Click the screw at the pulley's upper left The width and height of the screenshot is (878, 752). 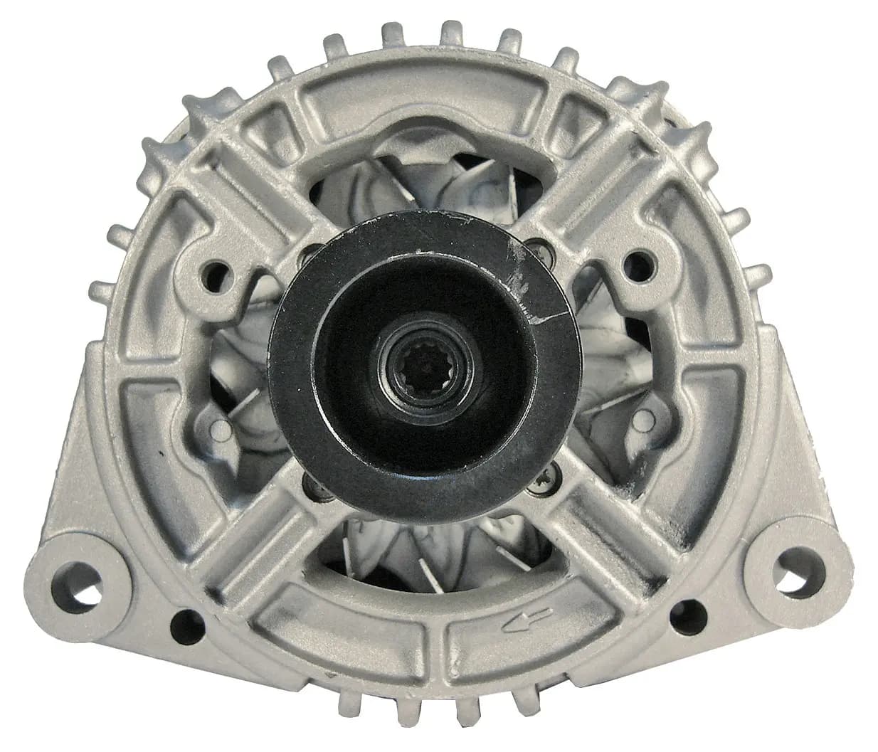click(312, 255)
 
